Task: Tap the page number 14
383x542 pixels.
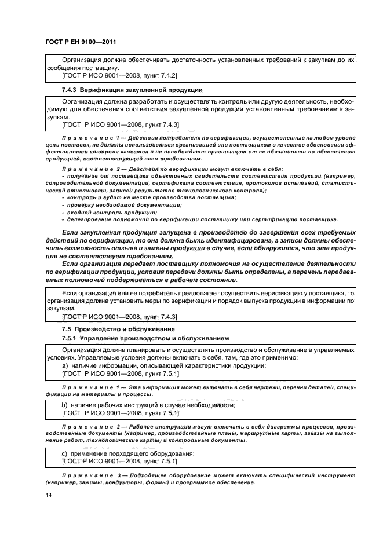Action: [48, 495]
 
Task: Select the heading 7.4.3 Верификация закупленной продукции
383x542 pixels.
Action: [132, 90]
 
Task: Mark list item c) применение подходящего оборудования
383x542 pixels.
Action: [127, 453]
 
